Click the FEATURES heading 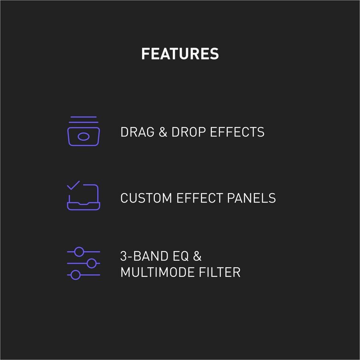pyautogui.click(x=180, y=54)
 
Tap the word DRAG pyautogui.click(x=137, y=132)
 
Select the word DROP pyautogui.click(x=188, y=132)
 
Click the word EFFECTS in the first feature pyautogui.click(x=237, y=132)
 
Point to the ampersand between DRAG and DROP pyautogui.click(x=163, y=132)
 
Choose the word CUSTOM pyautogui.click(x=146, y=198)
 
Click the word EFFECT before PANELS pyautogui.click(x=200, y=198)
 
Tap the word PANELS pyautogui.click(x=252, y=198)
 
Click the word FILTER pyautogui.click(x=220, y=272)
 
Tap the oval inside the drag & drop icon pyautogui.click(x=84, y=137)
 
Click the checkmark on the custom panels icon pyautogui.click(x=73, y=185)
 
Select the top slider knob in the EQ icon pyautogui.click(x=79, y=252)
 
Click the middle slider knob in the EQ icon pyautogui.click(x=92, y=263)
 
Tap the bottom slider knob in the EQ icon pyautogui.click(x=75, y=275)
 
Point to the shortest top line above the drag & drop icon pyautogui.click(x=84, y=117)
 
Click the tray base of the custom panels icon pyautogui.click(x=84, y=206)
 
